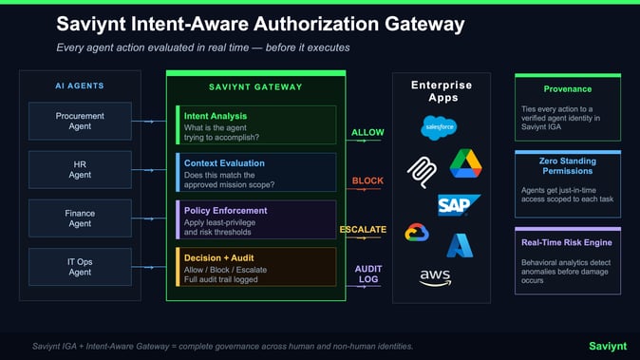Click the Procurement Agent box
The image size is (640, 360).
pyautogui.click(x=80, y=122)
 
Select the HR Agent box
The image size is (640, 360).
pyautogui.click(x=80, y=169)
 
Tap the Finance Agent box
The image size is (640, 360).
pyautogui.click(x=80, y=218)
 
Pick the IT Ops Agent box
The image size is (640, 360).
pyautogui.click(x=80, y=267)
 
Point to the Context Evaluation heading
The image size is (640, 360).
pyautogui.click(x=224, y=162)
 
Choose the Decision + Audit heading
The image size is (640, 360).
pyautogui.click(x=219, y=256)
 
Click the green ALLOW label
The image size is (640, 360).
pyautogui.click(x=367, y=132)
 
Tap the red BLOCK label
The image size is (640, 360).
pyautogui.click(x=367, y=180)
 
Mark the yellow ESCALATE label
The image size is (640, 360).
pyautogui.click(x=363, y=230)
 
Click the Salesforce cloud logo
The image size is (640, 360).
pyautogui.click(x=440, y=126)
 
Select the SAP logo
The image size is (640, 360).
pyautogui.click(x=459, y=204)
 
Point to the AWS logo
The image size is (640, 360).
pyautogui.click(x=435, y=278)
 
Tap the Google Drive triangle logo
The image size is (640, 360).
pyautogui.click(x=465, y=163)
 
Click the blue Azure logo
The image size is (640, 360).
pyautogui.click(x=461, y=245)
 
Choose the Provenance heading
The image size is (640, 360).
pyautogui.click(x=568, y=89)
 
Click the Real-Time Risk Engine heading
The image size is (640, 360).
pyautogui.click(x=568, y=242)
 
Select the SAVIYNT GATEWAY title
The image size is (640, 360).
pyautogui.click(x=255, y=87)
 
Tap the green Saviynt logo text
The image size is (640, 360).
pyautogui.click(x=607, y=346)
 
